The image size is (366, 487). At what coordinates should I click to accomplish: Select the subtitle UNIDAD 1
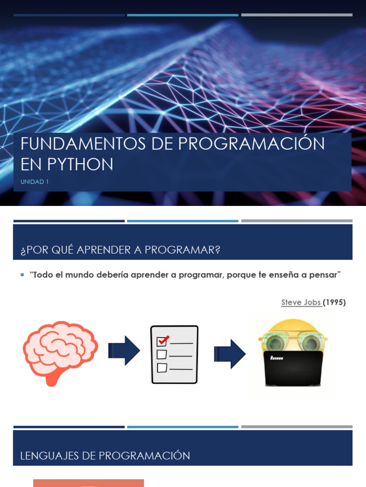tap(34, 181)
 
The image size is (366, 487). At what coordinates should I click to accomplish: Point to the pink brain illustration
tap(60, 350)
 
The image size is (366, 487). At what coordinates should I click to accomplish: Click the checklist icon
tap(174, 354)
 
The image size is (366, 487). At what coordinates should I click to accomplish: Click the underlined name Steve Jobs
tap(301, 302)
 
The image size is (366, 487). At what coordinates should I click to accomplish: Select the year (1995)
tap(335, 302)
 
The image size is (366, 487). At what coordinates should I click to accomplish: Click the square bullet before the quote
tap(22, 275)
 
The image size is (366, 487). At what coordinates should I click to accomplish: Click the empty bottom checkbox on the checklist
tap(162, 368)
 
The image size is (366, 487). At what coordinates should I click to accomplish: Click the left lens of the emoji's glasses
tap(274, 342)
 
